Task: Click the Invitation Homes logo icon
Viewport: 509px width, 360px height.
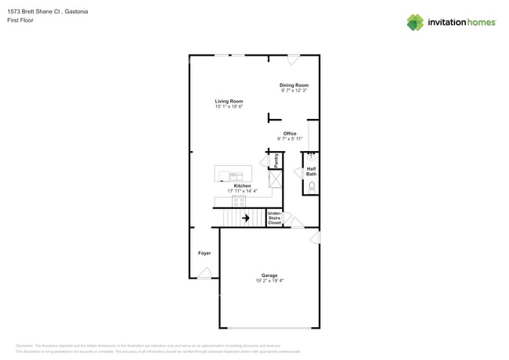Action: (x=415, y=23)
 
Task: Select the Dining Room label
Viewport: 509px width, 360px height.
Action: (x=294, y=85)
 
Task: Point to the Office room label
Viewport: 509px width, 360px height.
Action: (x=290, y=134)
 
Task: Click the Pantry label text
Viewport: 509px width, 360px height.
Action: (x=276, y=160)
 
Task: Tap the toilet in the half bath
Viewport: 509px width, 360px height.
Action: (x=312, y=187)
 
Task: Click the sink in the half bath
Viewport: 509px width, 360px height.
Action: (x=311, y=156)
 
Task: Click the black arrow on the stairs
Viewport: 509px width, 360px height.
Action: (x=245, y=218)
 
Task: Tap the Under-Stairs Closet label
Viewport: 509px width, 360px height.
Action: (x=275, y=218)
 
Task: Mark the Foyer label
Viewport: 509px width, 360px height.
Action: (x=204, y=254)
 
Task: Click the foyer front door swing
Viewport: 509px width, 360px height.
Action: (x=205, y=273)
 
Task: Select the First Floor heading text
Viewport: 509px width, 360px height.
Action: (x=20, y=21)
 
